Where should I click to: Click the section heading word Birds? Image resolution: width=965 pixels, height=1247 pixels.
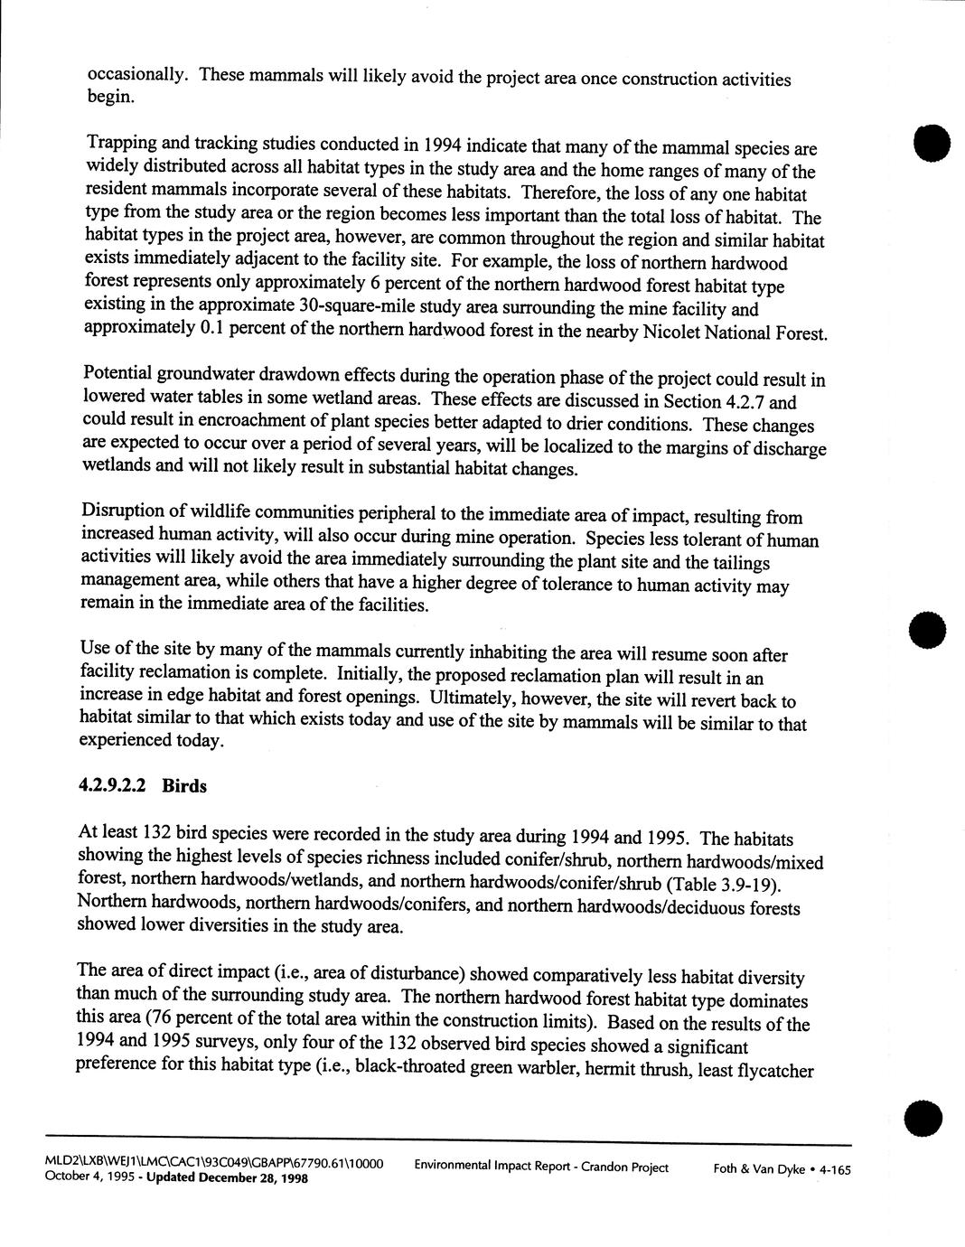(184, 786)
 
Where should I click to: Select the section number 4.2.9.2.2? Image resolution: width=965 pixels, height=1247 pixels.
(117, 786)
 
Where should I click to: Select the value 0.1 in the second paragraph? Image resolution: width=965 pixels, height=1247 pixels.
(211, 327)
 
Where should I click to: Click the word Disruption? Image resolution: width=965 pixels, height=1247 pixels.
(121, 512)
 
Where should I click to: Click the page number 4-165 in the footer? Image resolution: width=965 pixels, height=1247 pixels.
(830, 1170)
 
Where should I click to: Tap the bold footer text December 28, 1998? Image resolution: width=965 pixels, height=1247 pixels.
(253, 1178)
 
